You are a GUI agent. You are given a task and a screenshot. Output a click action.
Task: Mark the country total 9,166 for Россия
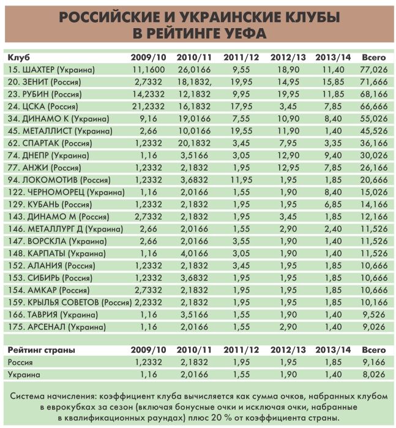pyautogui.click(x=374, y=362)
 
